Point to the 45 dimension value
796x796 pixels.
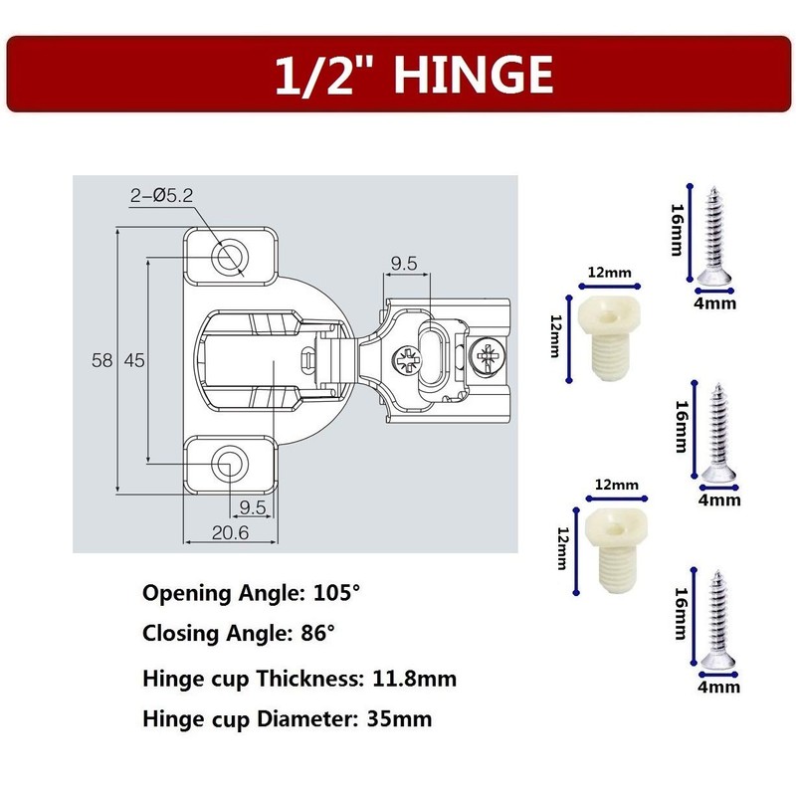[133, 360]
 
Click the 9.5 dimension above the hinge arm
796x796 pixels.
[403, 264]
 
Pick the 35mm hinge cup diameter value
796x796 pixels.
[400, 718]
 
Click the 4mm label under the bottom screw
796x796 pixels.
[717, 686]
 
